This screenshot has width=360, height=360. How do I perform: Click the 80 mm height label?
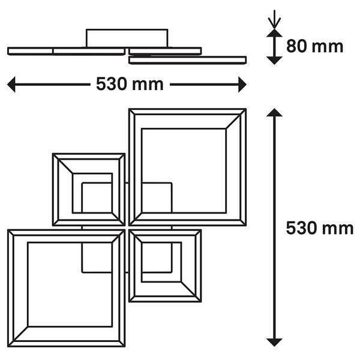click(x=314, y=46)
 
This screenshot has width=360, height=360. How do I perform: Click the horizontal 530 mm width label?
click(x=130, y=84)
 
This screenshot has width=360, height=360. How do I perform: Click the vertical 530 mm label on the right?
click(x=320, y=228)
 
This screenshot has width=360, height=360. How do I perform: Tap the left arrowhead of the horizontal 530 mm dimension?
click(x=11, y=85)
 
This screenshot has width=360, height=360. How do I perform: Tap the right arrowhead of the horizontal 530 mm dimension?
click(x=242, y=85)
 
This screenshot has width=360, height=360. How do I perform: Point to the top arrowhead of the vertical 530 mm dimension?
click(x=274, y=113)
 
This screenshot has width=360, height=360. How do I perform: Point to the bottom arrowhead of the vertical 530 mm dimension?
click(x=274, y=343)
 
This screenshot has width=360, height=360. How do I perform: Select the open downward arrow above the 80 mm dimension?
click(x=274, y=20)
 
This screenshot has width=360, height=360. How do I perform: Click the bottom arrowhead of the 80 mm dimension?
click(x=274, y=61)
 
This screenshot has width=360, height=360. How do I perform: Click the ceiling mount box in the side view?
click(x=127, y=38)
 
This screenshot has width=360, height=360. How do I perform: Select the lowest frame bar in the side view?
click(x=187, y=60)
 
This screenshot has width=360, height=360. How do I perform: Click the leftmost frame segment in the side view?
click(x=30, y=51)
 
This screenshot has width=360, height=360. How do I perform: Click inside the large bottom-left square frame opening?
click(x=70, y=284)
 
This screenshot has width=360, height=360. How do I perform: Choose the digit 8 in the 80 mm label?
click(x=292, y=46)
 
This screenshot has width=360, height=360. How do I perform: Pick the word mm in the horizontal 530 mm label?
click(x=148, y=86)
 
